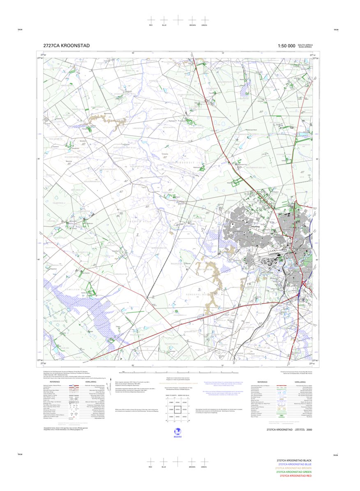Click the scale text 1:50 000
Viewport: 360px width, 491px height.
coord(286,46)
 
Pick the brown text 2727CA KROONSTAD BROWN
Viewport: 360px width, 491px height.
coord(293,468)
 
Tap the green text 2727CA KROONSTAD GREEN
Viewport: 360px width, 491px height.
coord(294,472)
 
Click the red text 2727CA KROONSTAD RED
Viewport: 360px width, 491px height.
coord(295,476)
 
